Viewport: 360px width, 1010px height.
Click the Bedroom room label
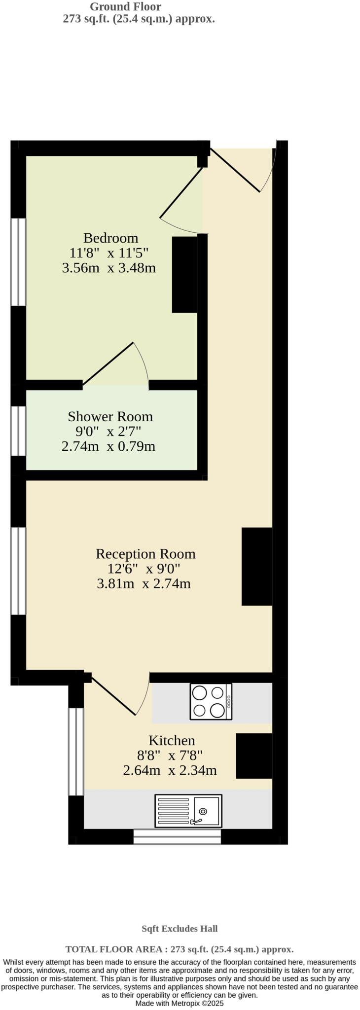coord(110,238)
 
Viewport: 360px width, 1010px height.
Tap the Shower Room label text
coord(110,417)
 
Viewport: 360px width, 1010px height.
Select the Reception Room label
coord(145,554)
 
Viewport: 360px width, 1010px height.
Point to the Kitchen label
coord(172,740)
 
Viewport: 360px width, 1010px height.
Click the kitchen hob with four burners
coord(211,701)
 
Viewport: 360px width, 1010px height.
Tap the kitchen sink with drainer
coord(188,811)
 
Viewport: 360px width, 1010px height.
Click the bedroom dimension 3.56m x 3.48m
coord(109,268)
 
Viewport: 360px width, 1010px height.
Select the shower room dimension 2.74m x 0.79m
coord(108,447)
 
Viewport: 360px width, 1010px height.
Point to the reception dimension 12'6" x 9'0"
coord(144,569)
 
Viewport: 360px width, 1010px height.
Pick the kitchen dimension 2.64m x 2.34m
coord(170,770)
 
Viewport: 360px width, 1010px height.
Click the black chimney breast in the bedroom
coord(184,275)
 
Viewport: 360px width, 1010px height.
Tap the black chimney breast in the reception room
coord(256,566)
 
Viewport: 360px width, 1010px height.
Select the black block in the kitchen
coord(253,756)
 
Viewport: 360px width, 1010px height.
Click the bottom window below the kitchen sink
coord(177,836)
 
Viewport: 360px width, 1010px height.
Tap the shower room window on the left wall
coord(18,431)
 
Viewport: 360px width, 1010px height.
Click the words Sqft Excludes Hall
coord(180,929)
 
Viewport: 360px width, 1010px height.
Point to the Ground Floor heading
coord(125,7)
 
